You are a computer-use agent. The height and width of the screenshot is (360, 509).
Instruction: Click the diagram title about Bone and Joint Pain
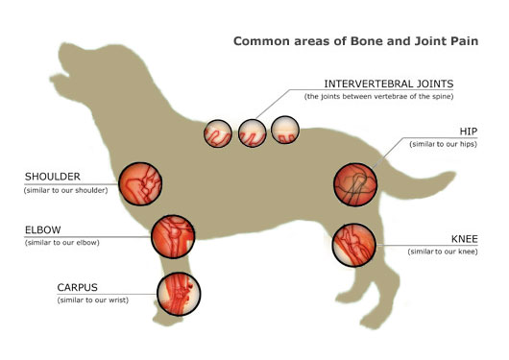point(355,41)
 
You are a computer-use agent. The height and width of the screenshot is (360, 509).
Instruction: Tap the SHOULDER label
point(53,177)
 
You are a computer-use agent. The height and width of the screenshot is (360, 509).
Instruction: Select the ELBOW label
point(43,229)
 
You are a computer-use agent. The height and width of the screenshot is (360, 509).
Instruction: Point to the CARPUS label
point(77,287)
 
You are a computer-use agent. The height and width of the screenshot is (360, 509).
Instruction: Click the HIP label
point(469,132)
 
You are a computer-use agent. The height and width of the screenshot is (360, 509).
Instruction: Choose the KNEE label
point(465,239)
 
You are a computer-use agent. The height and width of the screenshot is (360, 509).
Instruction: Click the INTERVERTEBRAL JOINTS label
point(389,84)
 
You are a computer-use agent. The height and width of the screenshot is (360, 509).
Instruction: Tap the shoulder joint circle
point(140,184)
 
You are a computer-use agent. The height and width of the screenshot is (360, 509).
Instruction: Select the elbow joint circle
point(173,237)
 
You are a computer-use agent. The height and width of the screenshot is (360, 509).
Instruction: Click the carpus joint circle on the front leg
point(179,294)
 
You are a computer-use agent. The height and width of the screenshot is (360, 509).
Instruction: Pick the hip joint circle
point(355,184)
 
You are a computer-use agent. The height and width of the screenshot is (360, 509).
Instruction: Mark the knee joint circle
point(354,245)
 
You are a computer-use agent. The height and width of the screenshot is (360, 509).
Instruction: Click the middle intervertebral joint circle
point(253,133)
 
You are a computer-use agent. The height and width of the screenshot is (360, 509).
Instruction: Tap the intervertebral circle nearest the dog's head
point(218,133)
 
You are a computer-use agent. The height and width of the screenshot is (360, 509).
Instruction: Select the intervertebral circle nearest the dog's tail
point(285,130)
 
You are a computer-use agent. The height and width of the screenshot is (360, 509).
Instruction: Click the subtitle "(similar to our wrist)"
point(93,300)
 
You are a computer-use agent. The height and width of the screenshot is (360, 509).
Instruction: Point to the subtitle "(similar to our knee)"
point(443,252)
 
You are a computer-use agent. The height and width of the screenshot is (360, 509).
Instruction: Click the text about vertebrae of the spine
point(378,96)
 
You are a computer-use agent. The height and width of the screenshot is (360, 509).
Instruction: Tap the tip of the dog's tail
point(455,175)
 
